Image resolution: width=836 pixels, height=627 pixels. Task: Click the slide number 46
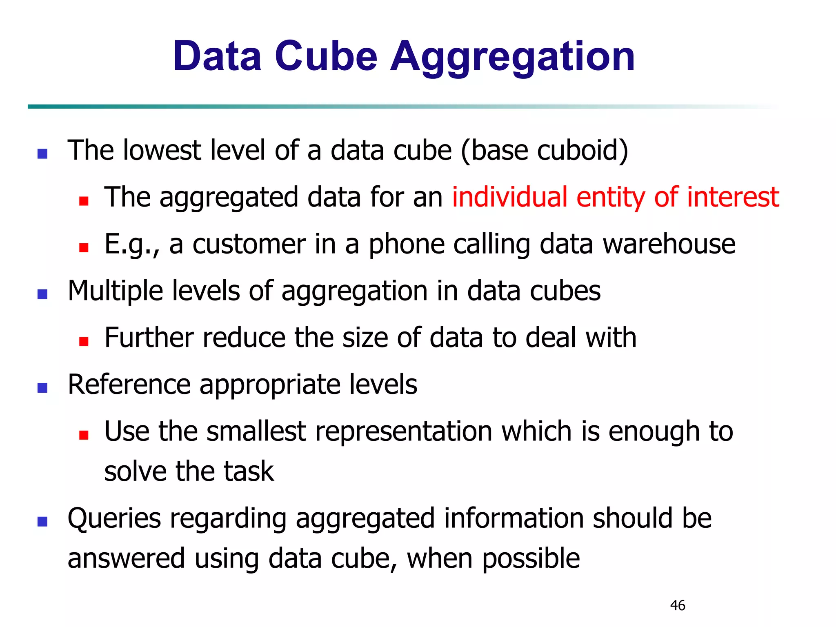(678, 605)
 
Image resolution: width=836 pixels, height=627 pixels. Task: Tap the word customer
(249, 244)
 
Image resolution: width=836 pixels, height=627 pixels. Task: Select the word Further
(149, 338)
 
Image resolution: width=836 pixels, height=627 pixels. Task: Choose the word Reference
(129, 385)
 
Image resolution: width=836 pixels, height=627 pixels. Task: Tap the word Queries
(114, 518)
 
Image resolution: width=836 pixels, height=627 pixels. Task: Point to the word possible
(531, 558)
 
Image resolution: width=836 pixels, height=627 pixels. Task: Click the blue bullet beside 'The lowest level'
(42, 154)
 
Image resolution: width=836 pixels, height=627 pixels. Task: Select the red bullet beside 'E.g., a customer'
(84, 248)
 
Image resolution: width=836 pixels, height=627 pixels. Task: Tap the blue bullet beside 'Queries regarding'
(42, 522)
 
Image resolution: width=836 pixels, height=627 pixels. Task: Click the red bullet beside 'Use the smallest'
(84, 435)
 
